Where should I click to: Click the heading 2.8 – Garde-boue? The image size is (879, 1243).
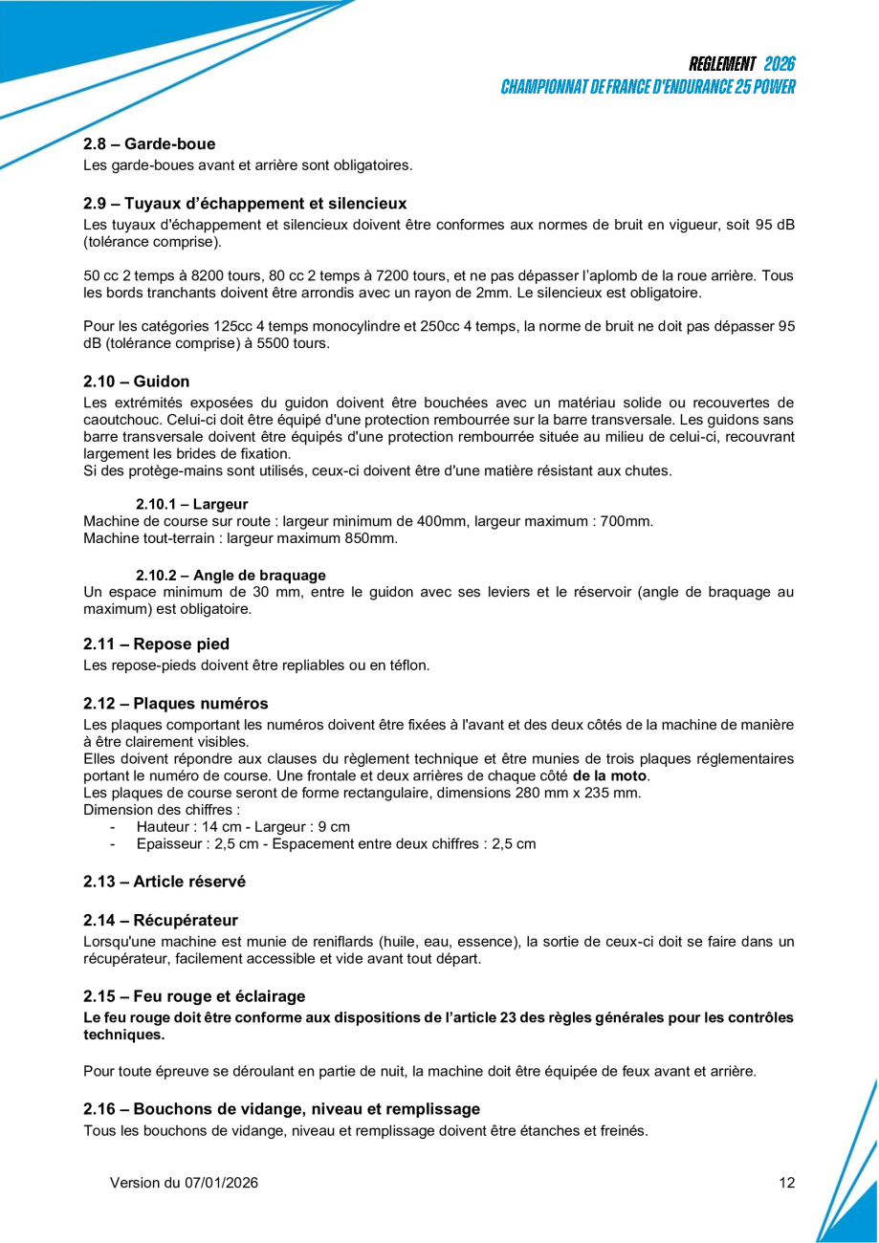click(x=149, y=144)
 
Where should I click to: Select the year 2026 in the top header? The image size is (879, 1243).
click(x=780, y=64)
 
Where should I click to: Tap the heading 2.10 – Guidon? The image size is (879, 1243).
click(x=136, y=382)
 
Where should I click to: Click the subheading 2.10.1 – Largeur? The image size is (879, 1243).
click(x=192, y=504)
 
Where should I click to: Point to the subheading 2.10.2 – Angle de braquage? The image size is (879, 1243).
click(x=231, y=576)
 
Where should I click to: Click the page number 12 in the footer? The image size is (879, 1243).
click(x=786, y=1183)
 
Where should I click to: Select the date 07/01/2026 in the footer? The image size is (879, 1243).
click(x=219, y=1183)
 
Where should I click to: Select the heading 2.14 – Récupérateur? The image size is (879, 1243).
click(x=160, y=921)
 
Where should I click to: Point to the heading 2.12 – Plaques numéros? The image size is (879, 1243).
click(x=175, y=704)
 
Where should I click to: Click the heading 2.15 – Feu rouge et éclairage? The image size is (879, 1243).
click(x=194, y=996)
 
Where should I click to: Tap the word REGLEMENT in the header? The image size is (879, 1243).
click(x=722, y=64)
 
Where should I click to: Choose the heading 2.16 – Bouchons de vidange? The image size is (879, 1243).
click(x=281, y=1109)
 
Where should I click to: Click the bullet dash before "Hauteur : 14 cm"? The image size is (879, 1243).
click(x=113, y=827)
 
